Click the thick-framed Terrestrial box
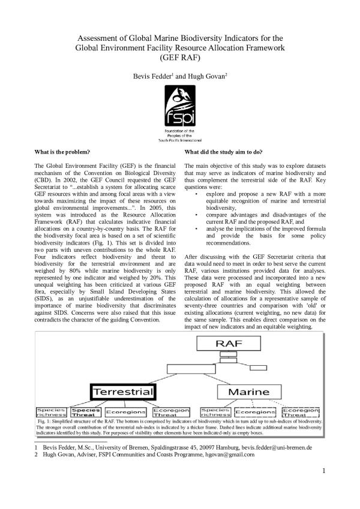point(123,391)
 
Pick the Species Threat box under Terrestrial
point(86,412)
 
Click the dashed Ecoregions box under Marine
point(255,412)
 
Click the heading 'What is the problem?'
point(63,152)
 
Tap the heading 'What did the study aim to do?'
point(223,152)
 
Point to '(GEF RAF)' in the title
point(179,59)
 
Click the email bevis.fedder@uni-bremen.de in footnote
point(278,447)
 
